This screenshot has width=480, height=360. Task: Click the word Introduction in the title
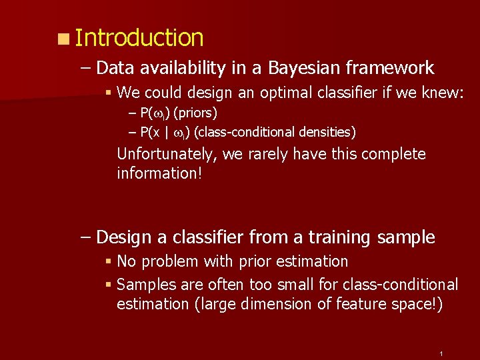[139, 38]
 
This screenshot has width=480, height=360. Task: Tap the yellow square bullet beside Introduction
[62, 39]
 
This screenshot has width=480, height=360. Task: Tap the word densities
[326, 132]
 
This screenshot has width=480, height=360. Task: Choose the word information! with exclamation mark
[159, 173]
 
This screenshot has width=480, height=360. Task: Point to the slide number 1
[441, 353]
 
